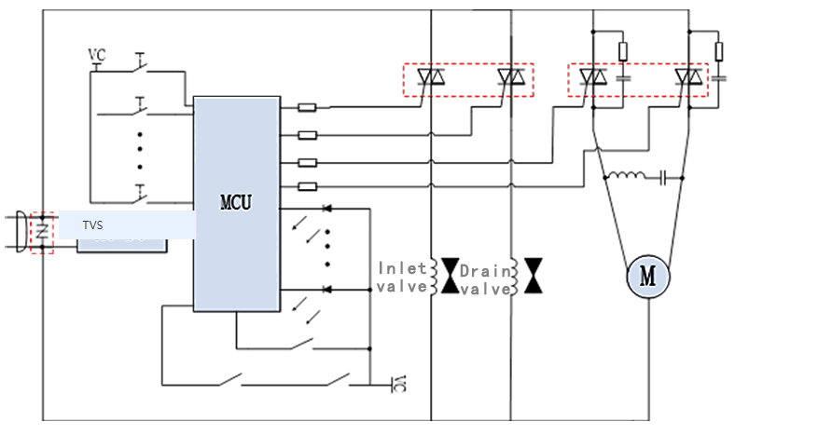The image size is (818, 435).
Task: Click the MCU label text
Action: pyautogui.click(x=236, y=201)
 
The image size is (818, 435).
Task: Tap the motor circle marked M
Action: pyautogui.click(x=646, y=276)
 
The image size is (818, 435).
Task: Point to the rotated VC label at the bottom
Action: pyautogui.click(x=398, y=384)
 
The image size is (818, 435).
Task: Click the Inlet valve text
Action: pyautogui.click(x=401, y=278)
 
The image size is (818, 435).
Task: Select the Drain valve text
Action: pyautogui.click(x=485, y=279)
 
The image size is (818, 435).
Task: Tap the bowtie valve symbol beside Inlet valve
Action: pyautogui.click(x=451, y=277)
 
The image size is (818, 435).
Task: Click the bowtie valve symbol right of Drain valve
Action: pyautogui.click(x=534, y=277)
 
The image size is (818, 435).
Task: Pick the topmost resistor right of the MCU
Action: pyautogui.click(x=306, y=108)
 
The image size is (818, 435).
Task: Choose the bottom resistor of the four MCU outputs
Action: pyautogui.click(x=306, y=186)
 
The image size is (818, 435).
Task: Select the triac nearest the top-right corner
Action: pyautogui.click(x=690, y=78)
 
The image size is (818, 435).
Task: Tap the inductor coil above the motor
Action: pyautogui.click(x=625, y=175)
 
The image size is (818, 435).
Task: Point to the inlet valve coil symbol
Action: pyautogui.click(x=432, y=277)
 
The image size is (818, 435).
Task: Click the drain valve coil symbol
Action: pyautogui.click(x=513, y=277)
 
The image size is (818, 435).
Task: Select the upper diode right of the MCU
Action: pyautogui.click(x=326, y=209)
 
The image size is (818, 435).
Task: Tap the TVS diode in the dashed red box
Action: pyautogui.click(x=42, y=232)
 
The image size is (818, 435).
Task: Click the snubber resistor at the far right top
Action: pyautogui.click(x=717, y=50)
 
